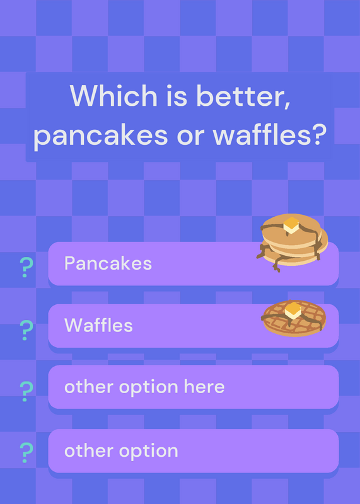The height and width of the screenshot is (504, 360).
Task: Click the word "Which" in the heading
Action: point(113,95)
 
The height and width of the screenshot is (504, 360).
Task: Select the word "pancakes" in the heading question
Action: point(101,135)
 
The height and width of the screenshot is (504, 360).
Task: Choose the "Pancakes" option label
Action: point(108,263)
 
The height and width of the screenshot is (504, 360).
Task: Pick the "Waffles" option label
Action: point(98,325)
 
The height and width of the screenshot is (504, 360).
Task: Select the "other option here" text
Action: point(144,387)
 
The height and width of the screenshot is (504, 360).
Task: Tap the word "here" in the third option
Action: point(204,386)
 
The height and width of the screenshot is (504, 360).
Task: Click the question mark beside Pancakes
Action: point(26,267)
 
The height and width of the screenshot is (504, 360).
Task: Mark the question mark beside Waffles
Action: point(26,330)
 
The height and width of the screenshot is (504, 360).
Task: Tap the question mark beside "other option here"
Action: point(26,391)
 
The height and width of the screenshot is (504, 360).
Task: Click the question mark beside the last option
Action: point(26,452)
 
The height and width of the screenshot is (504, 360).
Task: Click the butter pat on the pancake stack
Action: point(291,225)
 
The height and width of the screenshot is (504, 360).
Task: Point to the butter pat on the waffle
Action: point(293,310)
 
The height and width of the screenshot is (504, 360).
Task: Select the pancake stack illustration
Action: point(292,242)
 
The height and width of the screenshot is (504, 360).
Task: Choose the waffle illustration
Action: point(293,318)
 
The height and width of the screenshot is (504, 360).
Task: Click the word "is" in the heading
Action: point(177,96)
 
